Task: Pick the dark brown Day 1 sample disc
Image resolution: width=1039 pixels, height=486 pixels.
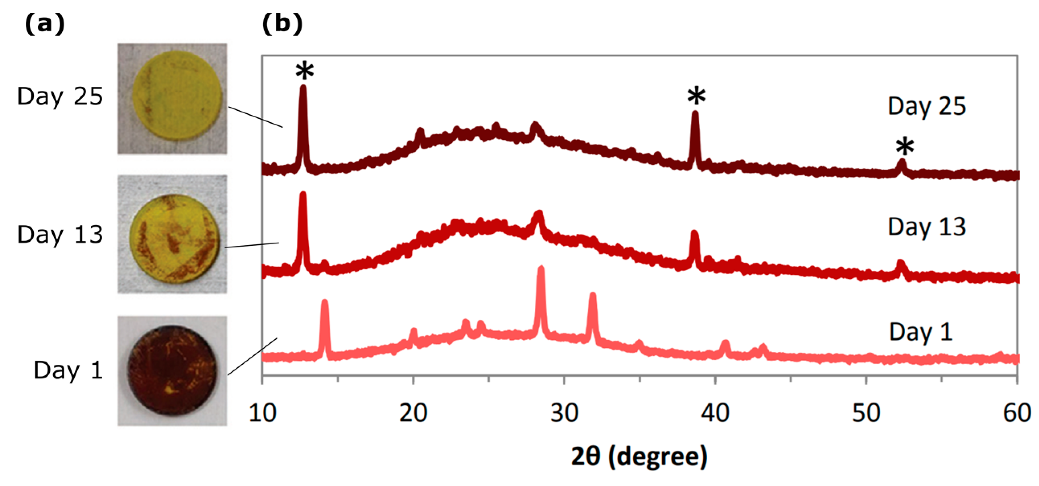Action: [x=172, y=370]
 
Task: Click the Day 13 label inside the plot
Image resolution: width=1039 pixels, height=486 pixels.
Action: [x=926, y=227]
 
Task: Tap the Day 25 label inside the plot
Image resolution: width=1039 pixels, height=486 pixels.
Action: [x=926, y=106]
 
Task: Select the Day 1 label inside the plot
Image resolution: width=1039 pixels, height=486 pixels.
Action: [x=920, y=333]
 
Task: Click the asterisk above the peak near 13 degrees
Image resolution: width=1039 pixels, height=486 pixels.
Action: [x=304, y=71]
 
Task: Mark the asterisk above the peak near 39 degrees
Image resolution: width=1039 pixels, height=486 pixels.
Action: [x=696, y=97]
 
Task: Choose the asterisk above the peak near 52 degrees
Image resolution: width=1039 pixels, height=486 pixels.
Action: [x=905, y=147]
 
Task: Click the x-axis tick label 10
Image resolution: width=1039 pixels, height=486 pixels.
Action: [x=262, y=413]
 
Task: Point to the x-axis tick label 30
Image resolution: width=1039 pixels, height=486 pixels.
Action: [x=564, y=413]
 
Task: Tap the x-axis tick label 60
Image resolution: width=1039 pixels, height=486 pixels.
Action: [x=1017, y=413]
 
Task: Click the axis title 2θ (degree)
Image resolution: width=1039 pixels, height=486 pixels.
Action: [x=639, y=457]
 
